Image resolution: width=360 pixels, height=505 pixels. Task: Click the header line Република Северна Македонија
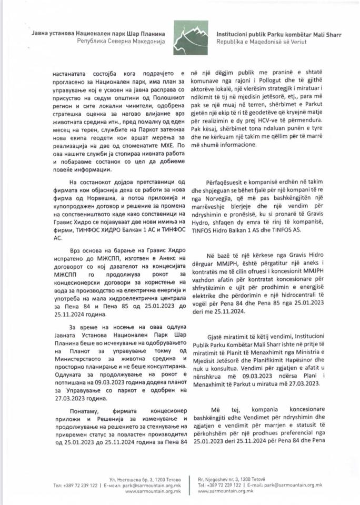click(x=121, y=41)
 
